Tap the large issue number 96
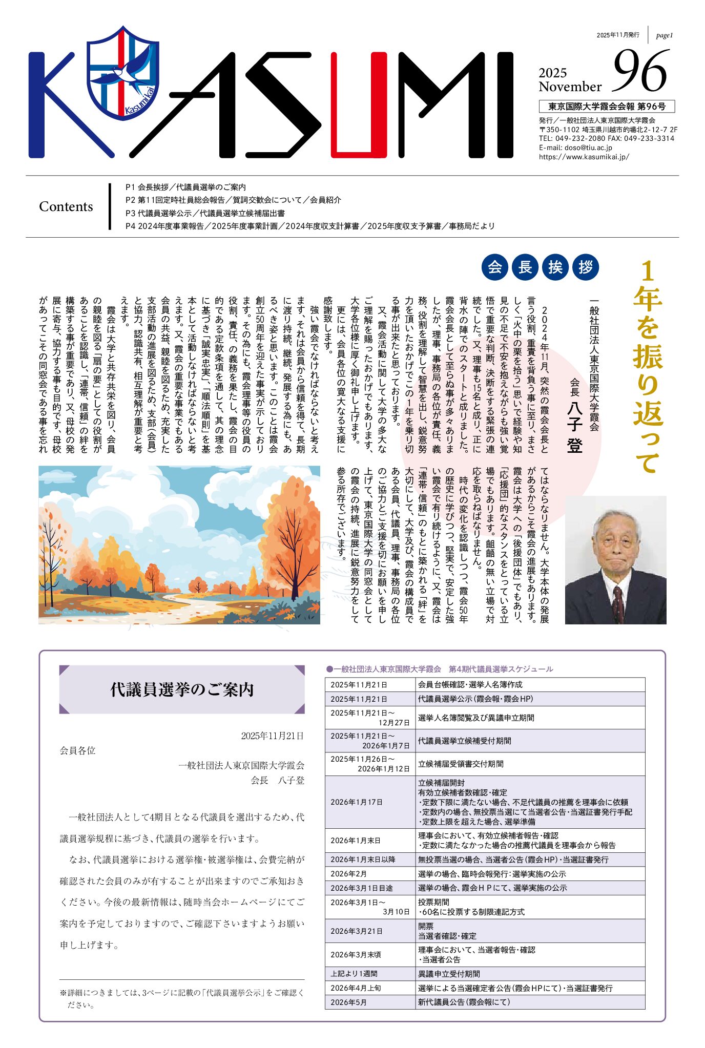[641, 72]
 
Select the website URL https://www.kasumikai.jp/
[584, 157]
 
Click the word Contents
[66, 206]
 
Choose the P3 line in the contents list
[205, 213]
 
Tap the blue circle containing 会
[495, 267]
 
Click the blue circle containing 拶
[586, 267]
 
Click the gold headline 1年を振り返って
[648, 366]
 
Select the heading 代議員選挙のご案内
[182, 689]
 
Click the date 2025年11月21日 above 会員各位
[272, 736]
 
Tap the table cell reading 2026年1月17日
[356, 802]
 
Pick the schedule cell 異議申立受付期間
[449, 974]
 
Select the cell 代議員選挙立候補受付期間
[464, 741]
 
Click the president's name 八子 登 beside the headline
[575, 435]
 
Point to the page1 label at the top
[664, 35]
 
